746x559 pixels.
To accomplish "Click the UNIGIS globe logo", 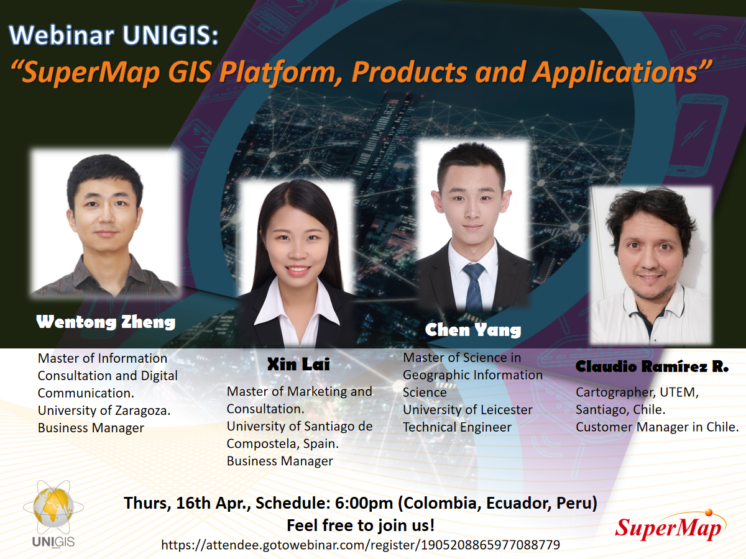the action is pos(53,514).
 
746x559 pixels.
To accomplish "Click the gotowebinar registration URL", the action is pos(360,545).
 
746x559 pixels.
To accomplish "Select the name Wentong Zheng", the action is pos(106,322).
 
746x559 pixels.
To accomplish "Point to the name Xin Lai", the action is pos(298,364).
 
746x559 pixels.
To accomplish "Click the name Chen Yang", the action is pos(472,330).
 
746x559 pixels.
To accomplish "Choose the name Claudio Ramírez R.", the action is pos(652,366).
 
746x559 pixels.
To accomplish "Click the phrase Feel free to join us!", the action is pos(361,525).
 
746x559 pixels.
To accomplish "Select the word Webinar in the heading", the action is pos(62,35).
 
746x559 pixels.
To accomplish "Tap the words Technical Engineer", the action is pos(457,427).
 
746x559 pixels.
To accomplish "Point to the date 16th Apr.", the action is pos(213,503).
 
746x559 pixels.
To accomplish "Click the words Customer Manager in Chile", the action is pos(657,427).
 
